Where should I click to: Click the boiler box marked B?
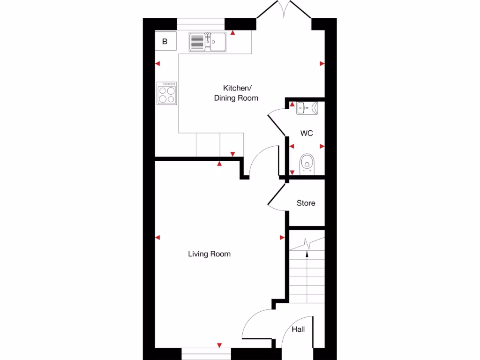point(165,42)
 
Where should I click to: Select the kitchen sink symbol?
point(208,42)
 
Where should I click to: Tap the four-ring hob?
point(167,93)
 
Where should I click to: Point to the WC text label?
point(307,134)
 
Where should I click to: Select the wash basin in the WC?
point(307,109)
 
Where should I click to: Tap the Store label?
point(306,203)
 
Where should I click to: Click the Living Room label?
point(209,254)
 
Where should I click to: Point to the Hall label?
point(298,330)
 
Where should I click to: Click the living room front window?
point(206,351)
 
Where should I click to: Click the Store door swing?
point(276,196)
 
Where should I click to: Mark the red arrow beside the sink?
point(233,34)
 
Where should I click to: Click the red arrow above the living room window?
point(219,345)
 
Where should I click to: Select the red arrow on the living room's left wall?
point(157,238)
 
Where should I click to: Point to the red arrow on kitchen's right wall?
point(322,64)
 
